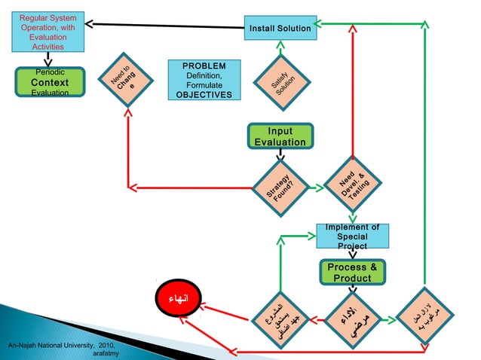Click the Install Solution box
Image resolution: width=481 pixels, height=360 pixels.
tap(280, 29)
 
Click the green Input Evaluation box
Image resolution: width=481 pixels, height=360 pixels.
tap(280, 136)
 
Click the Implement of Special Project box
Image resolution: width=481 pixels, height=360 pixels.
tap(352, 236)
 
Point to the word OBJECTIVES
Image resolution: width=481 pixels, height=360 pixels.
tap(203, 96)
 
